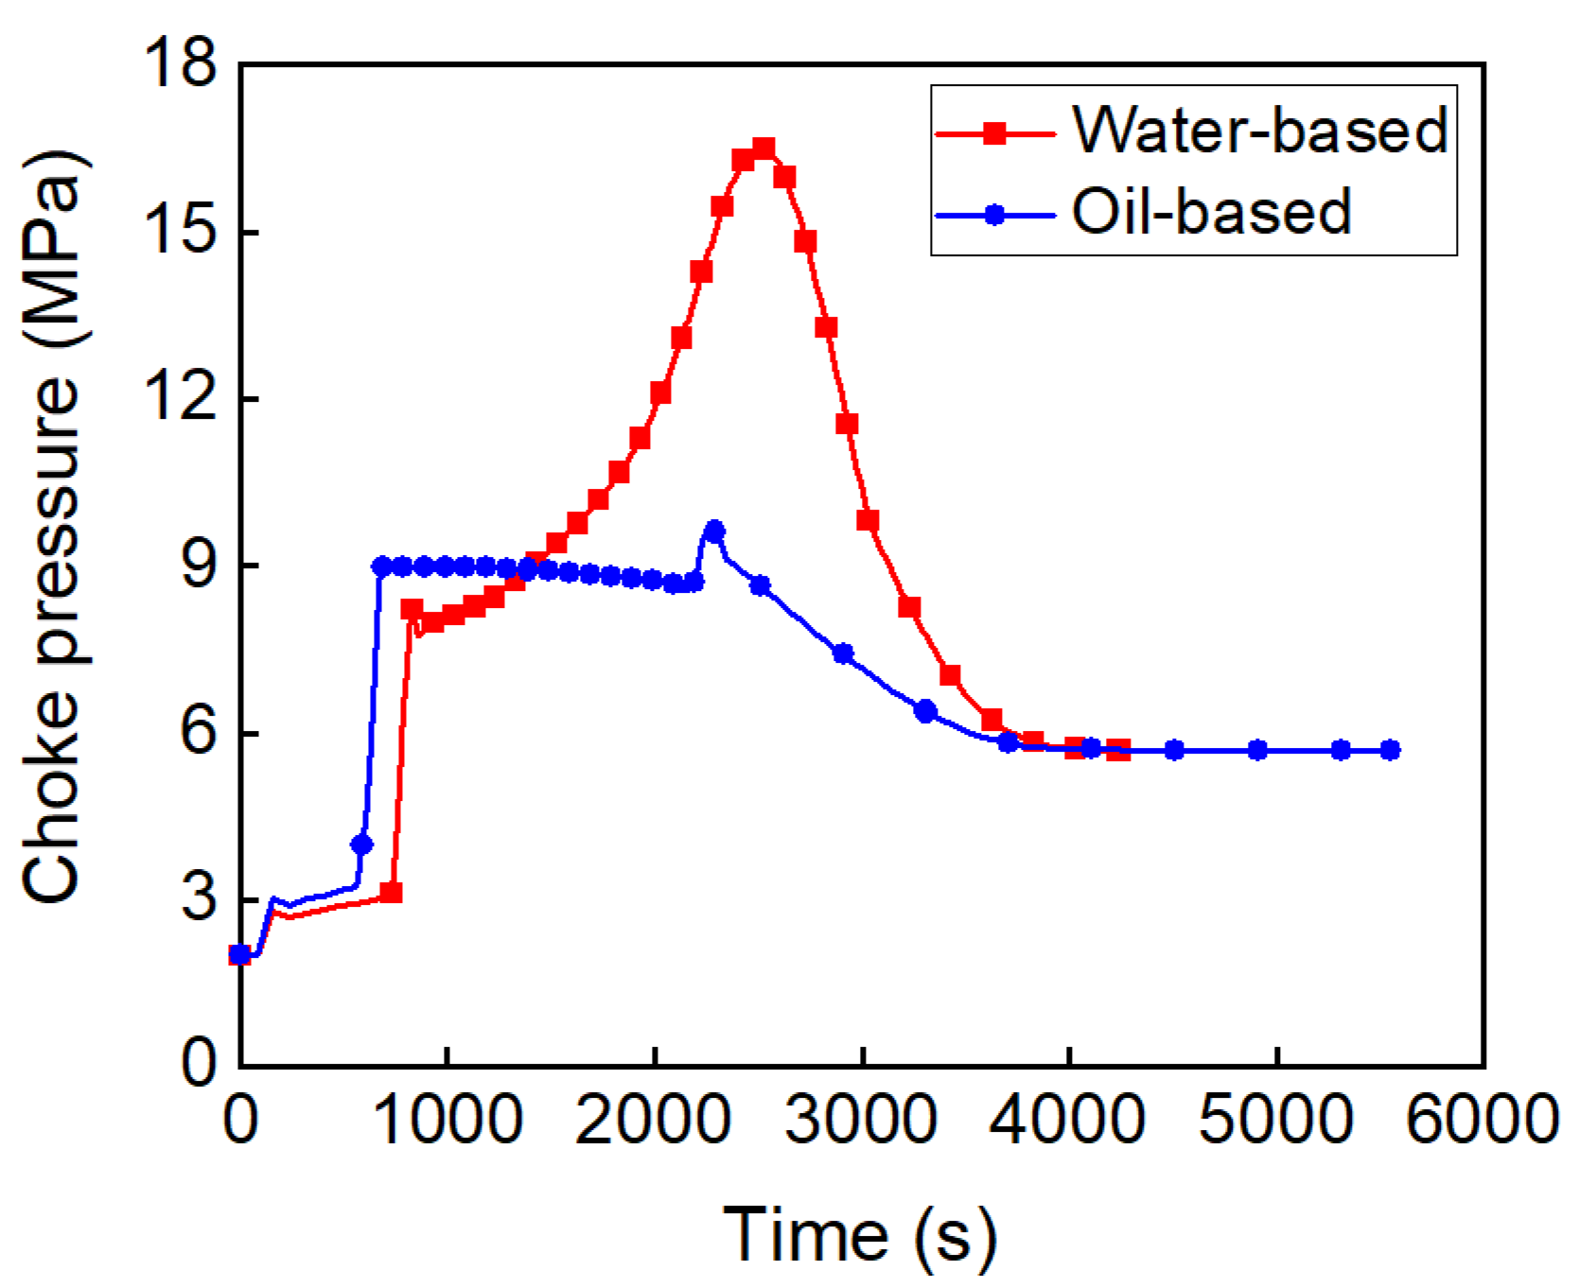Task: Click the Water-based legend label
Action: click(1259, 130)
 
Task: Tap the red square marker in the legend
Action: click(994, 133)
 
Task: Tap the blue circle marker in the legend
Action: click(994, 215)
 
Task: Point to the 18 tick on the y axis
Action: click(180, 65)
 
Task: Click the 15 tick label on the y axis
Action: click(180, 232)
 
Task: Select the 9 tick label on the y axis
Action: click(199, 565)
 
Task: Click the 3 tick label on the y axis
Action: click(199, 899)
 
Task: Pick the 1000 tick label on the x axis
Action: click(447, 1120)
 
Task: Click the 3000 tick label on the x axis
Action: click(862, 1120)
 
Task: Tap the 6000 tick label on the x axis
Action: click(1483, 1120)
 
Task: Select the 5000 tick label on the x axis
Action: click(1276, 1120)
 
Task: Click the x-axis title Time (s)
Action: click(860, 1234)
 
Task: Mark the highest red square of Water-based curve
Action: click(763, 148)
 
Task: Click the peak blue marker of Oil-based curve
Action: click(715, 530)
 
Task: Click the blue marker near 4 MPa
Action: click(361, 844)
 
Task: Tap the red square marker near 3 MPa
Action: click(392, 893)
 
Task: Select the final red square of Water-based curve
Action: click(1118, 750)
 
